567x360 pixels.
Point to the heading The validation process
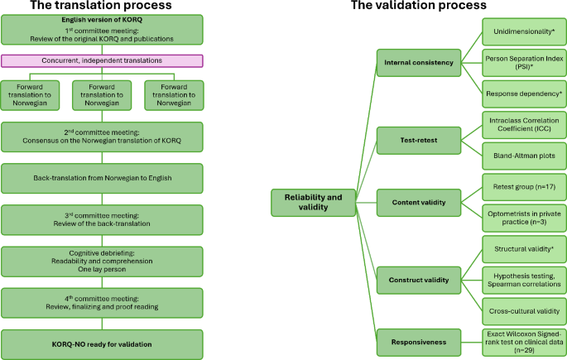click(430, 6)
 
